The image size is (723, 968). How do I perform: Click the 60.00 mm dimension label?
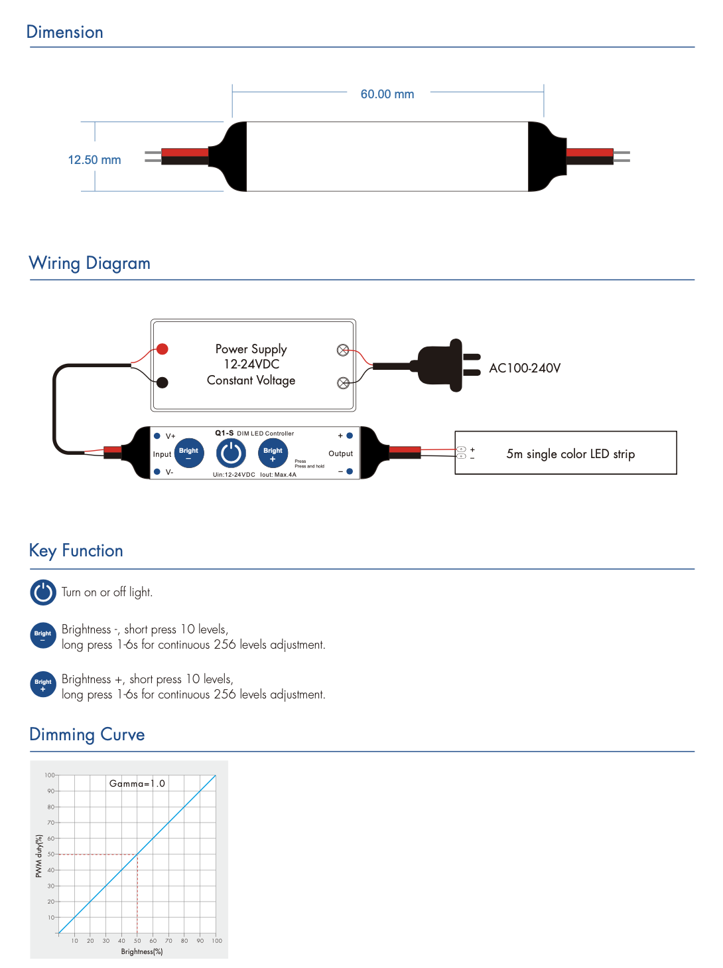[387, 94]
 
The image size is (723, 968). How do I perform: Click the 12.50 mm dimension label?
[94, 160]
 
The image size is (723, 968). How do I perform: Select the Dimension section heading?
[65, 33]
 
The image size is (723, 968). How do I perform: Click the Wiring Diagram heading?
[90, 264]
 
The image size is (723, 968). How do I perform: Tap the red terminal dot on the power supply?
[163, 349]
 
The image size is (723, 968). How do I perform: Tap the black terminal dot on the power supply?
[163, 382]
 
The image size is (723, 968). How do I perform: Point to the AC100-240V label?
[525, 368]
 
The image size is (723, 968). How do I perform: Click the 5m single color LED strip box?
[566, 453]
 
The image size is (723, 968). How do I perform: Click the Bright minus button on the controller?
[189, 453]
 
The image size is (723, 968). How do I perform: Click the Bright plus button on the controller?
[273, 453]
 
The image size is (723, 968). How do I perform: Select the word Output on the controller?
[341, 454]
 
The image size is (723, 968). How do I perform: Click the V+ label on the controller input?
[170, 436]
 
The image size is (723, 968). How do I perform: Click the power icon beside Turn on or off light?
[43, 592]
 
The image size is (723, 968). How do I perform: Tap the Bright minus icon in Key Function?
[43, 635]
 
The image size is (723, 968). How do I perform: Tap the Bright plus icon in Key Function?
[43, 685]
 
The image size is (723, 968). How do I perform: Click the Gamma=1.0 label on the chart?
[137, 784]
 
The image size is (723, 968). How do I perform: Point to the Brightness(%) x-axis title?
[142, 951]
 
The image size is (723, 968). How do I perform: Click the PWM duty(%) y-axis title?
[38, 856]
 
